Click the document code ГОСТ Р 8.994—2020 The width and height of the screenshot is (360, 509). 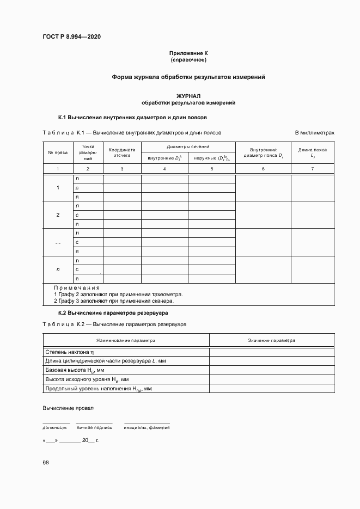click(x=72, y=36)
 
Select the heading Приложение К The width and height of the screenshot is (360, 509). click(x=188, y=53)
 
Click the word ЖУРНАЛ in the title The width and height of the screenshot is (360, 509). click(x=188, y=96)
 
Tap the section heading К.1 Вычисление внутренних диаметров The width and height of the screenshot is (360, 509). click(x=132, y=117)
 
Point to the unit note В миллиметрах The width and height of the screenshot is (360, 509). click(x=314, y=132)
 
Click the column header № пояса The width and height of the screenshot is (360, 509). click(x=58, y=152)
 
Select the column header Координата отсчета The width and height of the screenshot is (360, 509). click(x=122, y=152)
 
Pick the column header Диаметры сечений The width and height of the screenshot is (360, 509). click(x=188, y=147)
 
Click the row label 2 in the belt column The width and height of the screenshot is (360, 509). click(x=58, y=215)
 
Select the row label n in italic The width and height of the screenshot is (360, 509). click(x=58, y=269)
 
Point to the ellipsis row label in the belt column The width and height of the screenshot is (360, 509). click(x=58, y=242)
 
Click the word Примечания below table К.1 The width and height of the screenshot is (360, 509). click(x=77, y=287)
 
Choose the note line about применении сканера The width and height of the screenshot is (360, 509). click(x=113, y=301)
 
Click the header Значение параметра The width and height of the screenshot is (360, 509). click(x=271, y=340)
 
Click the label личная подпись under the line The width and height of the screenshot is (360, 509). click(x=94, y=427)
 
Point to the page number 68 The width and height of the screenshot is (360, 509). click(x=46, y=462)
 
